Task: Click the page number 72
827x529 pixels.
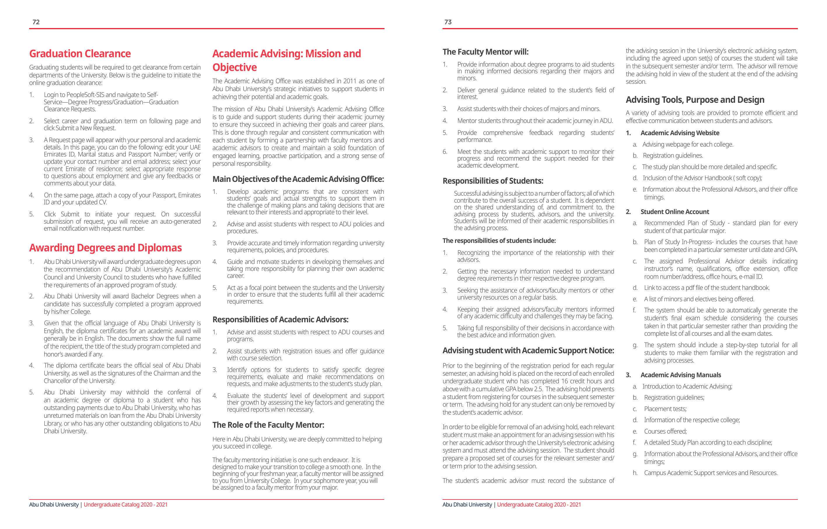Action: pos(36,22)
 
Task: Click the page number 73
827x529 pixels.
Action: pos(448,22)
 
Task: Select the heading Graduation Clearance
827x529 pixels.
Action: pos(80,54)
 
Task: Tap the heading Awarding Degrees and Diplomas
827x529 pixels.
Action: pos(105,248)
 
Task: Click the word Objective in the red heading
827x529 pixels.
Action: pos(235,67)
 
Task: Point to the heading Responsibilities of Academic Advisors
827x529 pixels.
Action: pos(280,320)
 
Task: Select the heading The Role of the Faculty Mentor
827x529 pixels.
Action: pos(268,425)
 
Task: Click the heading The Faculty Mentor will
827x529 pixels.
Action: pos(485,52)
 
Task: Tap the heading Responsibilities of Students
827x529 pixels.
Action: pos(492,181)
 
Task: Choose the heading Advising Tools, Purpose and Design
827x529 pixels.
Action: pos(695,100)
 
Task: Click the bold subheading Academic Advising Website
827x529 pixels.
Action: pos(680,133)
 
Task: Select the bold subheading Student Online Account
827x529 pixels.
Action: pos(674,212)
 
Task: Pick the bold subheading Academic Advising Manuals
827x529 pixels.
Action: pos(681,375)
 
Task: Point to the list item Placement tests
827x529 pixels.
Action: pos(665,409)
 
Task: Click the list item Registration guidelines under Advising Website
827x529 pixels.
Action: pos(672,156)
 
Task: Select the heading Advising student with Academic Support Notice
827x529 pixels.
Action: pos(528,351)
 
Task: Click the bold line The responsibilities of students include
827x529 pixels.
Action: pos(499,241)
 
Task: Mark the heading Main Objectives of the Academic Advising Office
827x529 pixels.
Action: pos(298,179)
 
